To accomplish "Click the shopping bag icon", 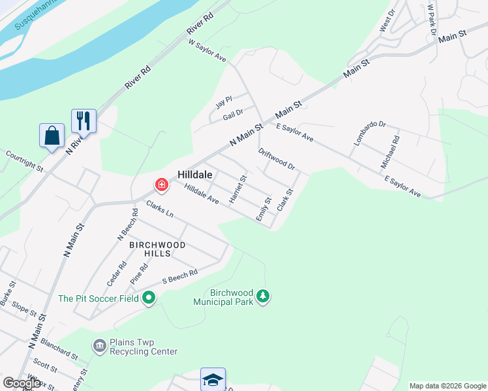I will [x=52, y=136].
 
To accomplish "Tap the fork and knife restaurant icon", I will [x=84, y=121].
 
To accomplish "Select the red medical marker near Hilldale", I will [x=160, y=186].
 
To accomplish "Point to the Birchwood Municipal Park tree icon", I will [x=263, y=297].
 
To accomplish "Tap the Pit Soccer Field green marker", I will [x=149, y=298].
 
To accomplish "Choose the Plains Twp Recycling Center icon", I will [x=100, y=345].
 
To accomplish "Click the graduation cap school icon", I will [x=213, y=379].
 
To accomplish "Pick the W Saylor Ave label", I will [x=207, y=51].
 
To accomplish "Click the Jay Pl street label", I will [x=224, y=105].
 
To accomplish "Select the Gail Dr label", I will [x=234, y=114].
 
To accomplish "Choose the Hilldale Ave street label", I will [x=201, y=194].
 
